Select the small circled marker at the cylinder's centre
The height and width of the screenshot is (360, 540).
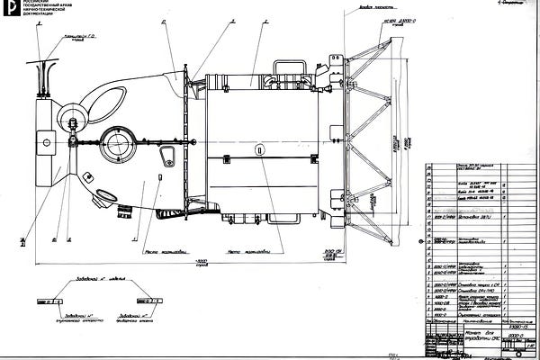[259, 148]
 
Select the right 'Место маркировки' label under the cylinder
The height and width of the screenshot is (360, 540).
[249, 251]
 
